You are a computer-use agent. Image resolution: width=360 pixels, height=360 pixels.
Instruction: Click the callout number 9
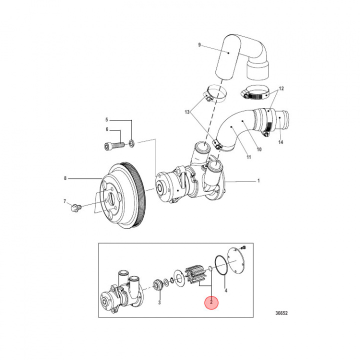(x=199, y=45)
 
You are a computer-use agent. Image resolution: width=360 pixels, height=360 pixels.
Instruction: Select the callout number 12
(x=281, y=88)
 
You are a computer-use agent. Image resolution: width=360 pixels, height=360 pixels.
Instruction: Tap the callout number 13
(x=187, y=112)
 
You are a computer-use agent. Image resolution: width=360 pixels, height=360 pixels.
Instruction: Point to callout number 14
(x=280, y=142)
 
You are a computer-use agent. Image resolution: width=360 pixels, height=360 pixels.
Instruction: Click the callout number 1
(x=258, y=180)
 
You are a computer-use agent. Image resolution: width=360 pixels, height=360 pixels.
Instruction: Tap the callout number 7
(x=65, y=201)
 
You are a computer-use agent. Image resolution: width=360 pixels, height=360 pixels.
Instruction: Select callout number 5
(x=106, y=120)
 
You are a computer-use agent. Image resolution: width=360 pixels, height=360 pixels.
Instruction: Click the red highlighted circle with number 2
(x=211, y=302)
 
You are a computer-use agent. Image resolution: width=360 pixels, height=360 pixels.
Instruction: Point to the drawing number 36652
(x=281, y=314)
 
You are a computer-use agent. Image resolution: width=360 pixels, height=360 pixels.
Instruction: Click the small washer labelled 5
(x=131, y=144)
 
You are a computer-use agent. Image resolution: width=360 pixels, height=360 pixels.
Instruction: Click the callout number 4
(x=226, y=290)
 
